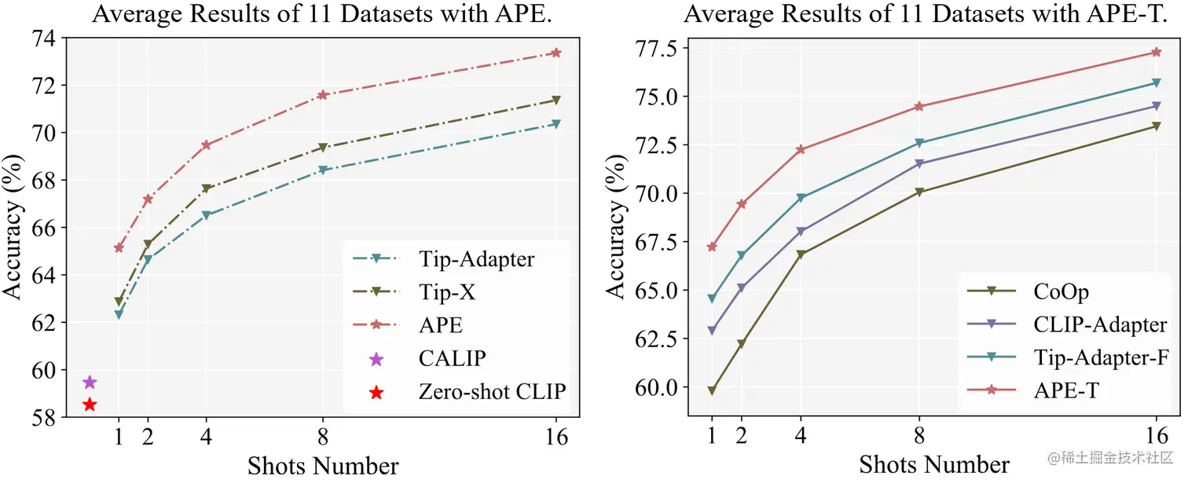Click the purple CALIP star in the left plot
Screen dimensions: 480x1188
click(x=90, y=382)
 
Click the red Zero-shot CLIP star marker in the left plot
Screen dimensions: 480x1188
click(x=90, y=405)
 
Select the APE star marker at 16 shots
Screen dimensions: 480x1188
click(x=556, y=53)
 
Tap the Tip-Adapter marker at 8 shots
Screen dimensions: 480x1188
click(x=323, y=170)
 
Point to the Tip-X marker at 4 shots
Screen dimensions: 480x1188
click(x=207, y=189)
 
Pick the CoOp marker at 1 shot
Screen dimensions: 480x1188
click(x=712, y=390)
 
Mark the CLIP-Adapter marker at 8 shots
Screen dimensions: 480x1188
click(x=918, y=163)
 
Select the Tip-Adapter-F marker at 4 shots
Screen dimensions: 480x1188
click(x=801, y=198)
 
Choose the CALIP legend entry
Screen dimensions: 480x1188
click(x=452, y=359)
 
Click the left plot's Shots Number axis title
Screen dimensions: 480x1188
click(x=323, y=465)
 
